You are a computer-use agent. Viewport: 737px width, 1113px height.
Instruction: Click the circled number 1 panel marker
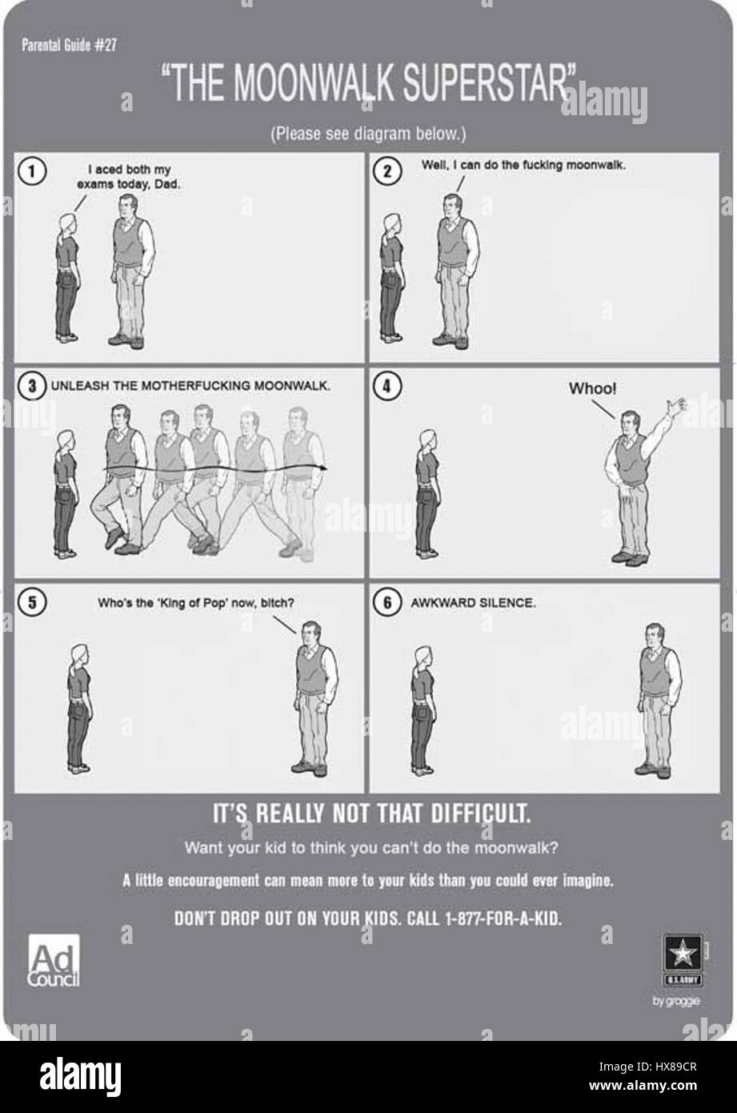click(32, 171)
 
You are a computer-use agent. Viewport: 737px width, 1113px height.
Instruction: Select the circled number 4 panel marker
click(387, 386)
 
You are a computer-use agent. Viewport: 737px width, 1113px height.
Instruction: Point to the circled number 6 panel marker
click(387, 603)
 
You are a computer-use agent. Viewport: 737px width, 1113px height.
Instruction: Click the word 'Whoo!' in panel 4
click(592, 388)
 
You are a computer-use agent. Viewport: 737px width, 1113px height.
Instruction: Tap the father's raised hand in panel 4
click(676, 408)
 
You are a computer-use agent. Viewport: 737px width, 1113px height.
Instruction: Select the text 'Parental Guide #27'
click(69, 45)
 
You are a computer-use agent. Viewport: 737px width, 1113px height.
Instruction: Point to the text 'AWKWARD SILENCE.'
click(473, 603)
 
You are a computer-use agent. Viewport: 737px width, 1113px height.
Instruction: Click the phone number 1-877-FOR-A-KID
click(503, 918)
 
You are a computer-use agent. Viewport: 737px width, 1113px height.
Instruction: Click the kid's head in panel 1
click(68, 223)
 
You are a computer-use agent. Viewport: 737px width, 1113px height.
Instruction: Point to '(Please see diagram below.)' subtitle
click(368, 134)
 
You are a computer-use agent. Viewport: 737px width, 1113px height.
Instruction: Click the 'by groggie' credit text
click(676, 1001)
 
